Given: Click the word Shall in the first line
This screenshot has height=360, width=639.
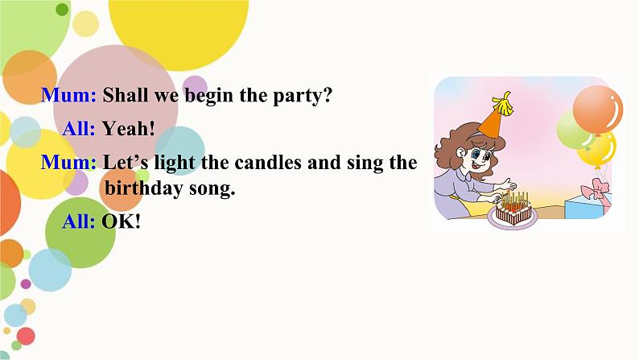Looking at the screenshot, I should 128,96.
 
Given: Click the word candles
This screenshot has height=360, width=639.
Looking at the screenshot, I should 268,163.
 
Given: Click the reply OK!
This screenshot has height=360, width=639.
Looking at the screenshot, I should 122,221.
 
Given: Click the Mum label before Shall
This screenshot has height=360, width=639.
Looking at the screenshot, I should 70,96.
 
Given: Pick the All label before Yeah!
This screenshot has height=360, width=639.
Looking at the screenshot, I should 80,129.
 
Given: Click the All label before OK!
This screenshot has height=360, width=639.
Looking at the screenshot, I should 79,221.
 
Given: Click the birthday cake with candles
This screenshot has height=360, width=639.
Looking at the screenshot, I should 513,209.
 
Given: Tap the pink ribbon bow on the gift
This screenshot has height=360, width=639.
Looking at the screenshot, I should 599,190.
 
